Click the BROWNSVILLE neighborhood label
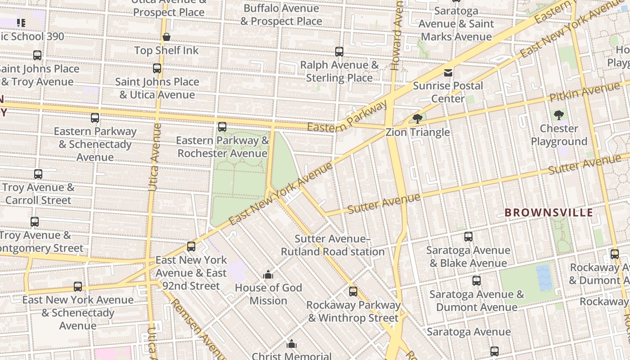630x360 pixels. click(x=549, y=212)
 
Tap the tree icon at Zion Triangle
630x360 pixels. click(x=417, y=119)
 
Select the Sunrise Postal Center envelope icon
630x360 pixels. click(x=448, y=72)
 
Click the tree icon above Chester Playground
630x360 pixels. click(x=559, y=115)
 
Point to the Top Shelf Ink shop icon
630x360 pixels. click(x=166, y=37)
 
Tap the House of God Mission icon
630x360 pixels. click(x=268, y=274)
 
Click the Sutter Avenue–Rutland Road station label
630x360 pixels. click(x=333, y=245)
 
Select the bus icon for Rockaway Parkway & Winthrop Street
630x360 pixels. click(x=353, y=292)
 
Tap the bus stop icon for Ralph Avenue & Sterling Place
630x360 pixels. click(x=339, y=52)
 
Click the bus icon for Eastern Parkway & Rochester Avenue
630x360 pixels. click(x=222, y=127)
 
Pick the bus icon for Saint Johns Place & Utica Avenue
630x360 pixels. click(x=157, y=68)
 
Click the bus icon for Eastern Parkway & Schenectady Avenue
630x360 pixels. click(x=95, y=118)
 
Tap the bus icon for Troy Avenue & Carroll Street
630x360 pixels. click(x=38, y=174)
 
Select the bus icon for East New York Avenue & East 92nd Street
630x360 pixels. click(x=191, y=247)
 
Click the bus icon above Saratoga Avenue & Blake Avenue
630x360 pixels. click(x=468, y=237)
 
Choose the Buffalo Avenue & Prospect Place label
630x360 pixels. click(x=281, y=15)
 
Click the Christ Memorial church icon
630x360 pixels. click(x=292, y=344)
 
